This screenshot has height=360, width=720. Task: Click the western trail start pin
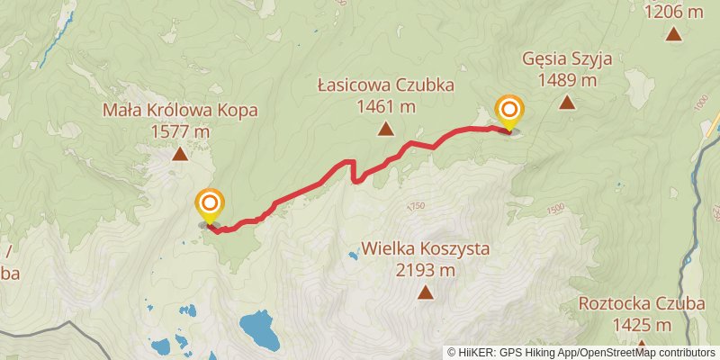pyautogui.click(x=210, y=202)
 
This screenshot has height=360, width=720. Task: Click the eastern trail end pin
pyautogui.click(x=509, y=112)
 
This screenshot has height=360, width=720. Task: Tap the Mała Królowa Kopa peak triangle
pyautogui.click(x=180, y=154)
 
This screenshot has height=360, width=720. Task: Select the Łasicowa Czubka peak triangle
pyautogui.click(x=385, y=130)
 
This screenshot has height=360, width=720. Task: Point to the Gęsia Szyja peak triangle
pyautogui.click(x=567, y=102)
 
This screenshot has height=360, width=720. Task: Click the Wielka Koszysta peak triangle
pyautogui.click(x=424, y=292)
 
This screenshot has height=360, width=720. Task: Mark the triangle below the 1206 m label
pyautogui.click(x=673, y=34)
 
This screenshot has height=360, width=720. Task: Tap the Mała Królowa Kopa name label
pyautogui.click(x=180, y=111)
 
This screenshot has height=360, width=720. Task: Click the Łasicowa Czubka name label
pyautogui.click(x=385, y=85)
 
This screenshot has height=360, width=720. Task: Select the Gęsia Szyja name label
pyautogui.click(x=567, y=59)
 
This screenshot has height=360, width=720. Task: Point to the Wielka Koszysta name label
pyautogui.click(x=425, y=248)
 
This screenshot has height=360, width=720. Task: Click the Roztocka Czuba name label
pyautogui.click(x=641, y=303)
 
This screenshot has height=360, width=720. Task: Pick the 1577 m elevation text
pyautogui.click(x=181, y=131)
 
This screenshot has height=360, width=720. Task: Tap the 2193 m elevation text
pyautogui.click(x=425, y=269)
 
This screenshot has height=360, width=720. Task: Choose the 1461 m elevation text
pyautogui.click(x=385, y=106)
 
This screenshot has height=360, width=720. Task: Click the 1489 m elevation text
pyautogui.click(x=567, y=80)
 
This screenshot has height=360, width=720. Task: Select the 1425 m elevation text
pyautogui.click(x=641, y=324)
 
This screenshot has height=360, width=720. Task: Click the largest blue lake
pyautogui.click(x=259, y=329)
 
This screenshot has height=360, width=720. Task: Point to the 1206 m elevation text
pyautogui.click(x=673, y=12)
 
